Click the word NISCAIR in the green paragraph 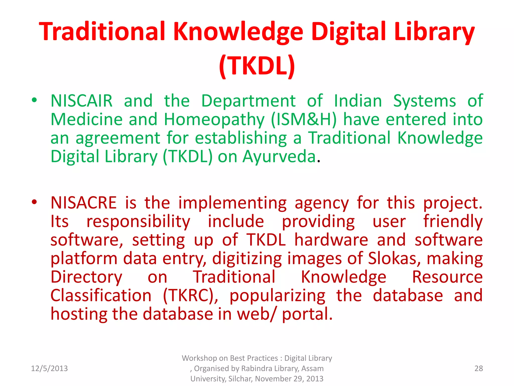pyautogui.click(x=82, y=101)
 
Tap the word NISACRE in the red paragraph pyautogui.click(x=84, y=203)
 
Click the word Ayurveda pyautogui.click(x=279, y=157)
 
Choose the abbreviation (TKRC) pyautogui.click(x=190, y=296)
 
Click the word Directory pyautogui.click(x=86, y=277)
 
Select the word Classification pyautogui.click(x=101, y=296)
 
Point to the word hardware pyautogui.click(x=331, y=240)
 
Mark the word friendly pyautogui.click(x=453, y=222)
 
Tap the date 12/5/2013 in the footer pyautogui.click(x=49, y=368)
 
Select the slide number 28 pyautogui.click(x=479, y=368)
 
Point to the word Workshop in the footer pyautogui.click(x=199, y=358)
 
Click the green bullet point pyautogui.click(x=34, y=100)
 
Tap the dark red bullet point pyautogui.click(x=34, y=202)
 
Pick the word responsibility pyautogui.click(x=138, y=222)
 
